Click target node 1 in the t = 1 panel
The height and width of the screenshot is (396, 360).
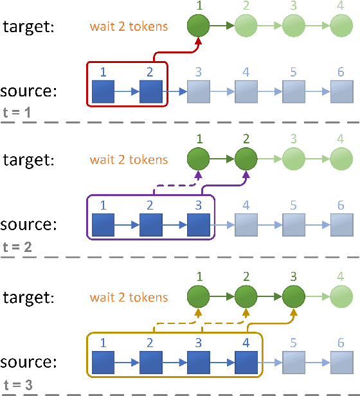tap(198, 26)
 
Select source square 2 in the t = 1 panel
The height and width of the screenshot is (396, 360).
tap(150, 92)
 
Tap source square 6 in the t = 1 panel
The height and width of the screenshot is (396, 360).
tap(341, 92)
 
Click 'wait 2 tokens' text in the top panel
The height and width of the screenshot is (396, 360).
tap(129, 27)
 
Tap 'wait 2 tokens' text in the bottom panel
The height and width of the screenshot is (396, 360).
tap(129, 298)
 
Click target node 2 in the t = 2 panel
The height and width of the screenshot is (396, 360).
tap(246, 159)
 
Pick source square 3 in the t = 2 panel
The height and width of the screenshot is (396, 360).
tap(198, 226)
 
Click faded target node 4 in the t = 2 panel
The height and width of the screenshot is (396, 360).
tap(341, 159)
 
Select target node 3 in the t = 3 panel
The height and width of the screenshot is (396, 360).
tap(293, 298)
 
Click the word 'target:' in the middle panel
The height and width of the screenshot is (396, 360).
tap(29, 159)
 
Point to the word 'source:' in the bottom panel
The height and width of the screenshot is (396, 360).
tap(29, 361)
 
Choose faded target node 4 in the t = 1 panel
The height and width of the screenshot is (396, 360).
tap(341, 26)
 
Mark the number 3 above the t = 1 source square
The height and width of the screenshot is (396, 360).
tap(198, 71)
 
